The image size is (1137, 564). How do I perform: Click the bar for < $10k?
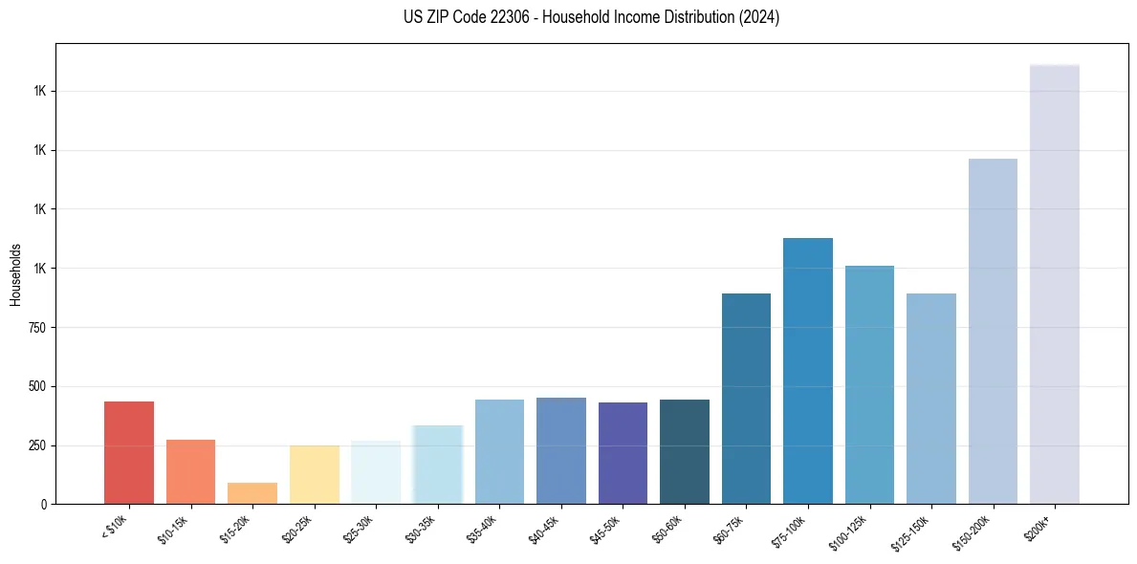129,452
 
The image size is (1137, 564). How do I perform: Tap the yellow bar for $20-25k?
315,474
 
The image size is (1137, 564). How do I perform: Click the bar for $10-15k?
190,471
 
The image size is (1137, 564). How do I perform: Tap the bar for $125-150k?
931,399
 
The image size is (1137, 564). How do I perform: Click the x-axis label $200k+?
1039,525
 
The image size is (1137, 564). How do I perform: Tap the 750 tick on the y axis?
37,327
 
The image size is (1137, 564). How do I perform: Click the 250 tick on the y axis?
37,445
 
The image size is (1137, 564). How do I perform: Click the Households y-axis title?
15,273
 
